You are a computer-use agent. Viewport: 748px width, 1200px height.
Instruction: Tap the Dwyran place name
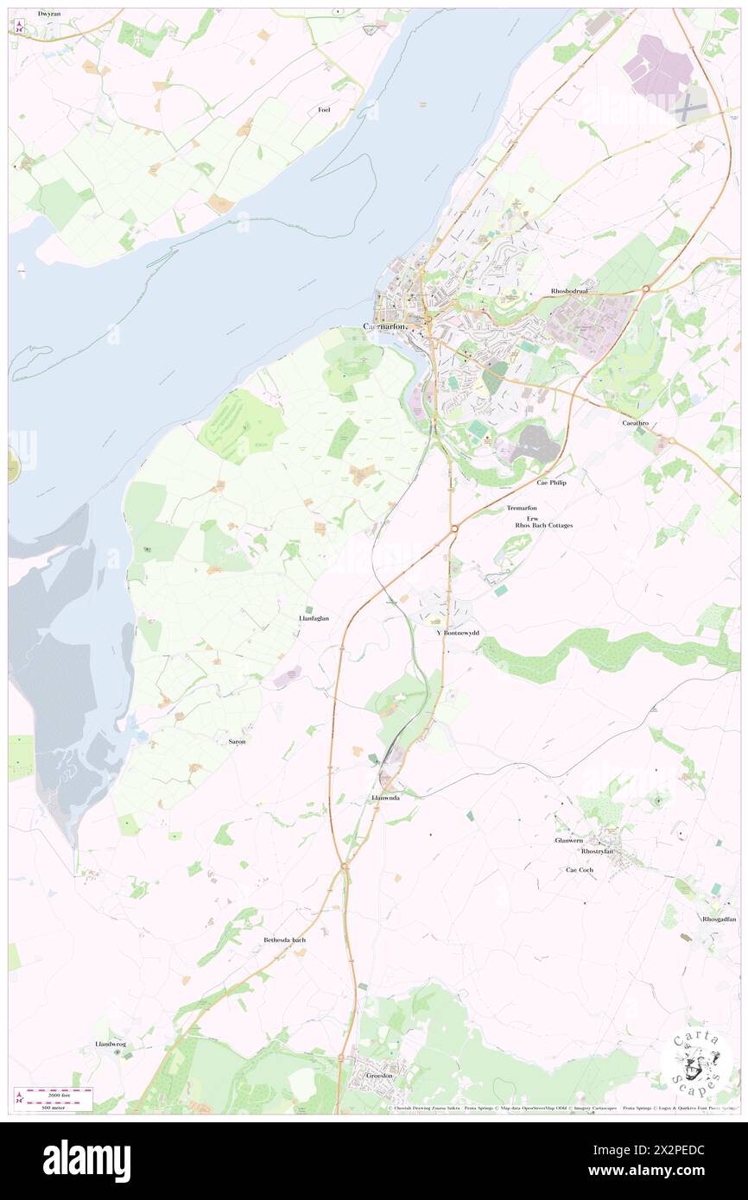pyautogui.click(x=49, y=15)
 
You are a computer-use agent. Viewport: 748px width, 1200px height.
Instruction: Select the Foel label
pyautogui.click(x=324, y=110)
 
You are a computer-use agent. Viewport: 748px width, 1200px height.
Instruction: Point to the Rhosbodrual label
pyautogui.click(x=569, y=292)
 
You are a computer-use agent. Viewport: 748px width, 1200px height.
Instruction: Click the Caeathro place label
pyautogui.click(x=637, y=424)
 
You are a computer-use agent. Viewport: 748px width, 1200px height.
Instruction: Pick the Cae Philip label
pyautogui.click(x=555, y=483)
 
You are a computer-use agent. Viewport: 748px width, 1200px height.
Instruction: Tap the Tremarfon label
pyautogui.click(x=522, y=508)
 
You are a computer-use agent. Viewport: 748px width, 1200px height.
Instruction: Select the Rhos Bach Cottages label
pyautogui.click(x=543, y=525)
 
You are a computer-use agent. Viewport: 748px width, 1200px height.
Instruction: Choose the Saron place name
pyautogui.click(x=237, y=742)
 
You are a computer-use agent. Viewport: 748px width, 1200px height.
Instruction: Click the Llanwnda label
pyautogui.click(x=384, y=799)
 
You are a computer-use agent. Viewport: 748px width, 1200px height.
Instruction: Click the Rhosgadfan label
pyautogui.click(x=719, y=919)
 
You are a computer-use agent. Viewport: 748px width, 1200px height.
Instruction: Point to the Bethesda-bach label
pyautogui.click(x=284, y=939)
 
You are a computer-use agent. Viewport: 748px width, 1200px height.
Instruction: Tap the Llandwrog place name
pyautogui.click(x=111, y=1045)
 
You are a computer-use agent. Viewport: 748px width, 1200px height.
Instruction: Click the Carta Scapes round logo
pyautogui.click(x=697, y=1062)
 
